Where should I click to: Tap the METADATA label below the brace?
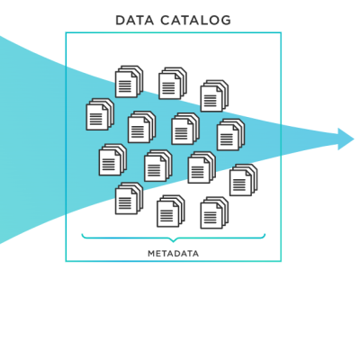click(173, 254)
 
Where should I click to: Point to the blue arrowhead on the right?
click(346, 139)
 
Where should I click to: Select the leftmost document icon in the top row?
click(129, 82)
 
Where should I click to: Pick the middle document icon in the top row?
click(172, 84)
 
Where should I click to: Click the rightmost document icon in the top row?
click(213, 96)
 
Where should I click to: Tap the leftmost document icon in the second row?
click(99, 114)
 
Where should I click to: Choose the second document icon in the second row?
click(140, 127)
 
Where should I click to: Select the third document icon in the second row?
click(184, 129)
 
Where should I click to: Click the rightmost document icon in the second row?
click(229, 135)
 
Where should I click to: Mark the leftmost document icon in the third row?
click(112, 160)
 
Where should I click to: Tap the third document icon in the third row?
click(201, 167)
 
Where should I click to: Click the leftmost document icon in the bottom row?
click(129, 198)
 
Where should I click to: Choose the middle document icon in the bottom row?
click(169, 211)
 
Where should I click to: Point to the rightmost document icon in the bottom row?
click(213, 213)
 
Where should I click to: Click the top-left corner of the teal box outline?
click(66, 33)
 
